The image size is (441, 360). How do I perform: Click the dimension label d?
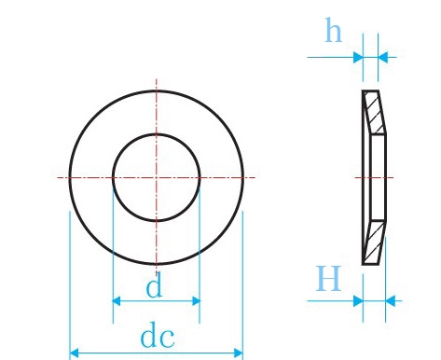[x=154, y=286]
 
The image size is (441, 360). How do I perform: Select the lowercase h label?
[x=332, y=33]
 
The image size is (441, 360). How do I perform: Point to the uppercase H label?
[x=327, y=279]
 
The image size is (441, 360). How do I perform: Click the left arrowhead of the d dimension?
[x=117, y=301]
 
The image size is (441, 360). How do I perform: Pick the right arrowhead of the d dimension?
[x=195, y=301]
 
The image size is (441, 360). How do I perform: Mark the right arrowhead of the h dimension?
[x=381, y=58]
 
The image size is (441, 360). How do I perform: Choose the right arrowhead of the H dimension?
[x=391, y=300]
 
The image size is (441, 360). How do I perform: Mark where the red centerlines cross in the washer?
[x=156, y=176]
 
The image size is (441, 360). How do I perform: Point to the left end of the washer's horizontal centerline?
[x=59, y=176]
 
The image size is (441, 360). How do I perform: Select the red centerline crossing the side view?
[x=373, y=176]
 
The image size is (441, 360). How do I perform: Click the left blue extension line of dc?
[x=70, y=280]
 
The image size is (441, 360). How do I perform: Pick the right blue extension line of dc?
[x=242, y=280]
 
